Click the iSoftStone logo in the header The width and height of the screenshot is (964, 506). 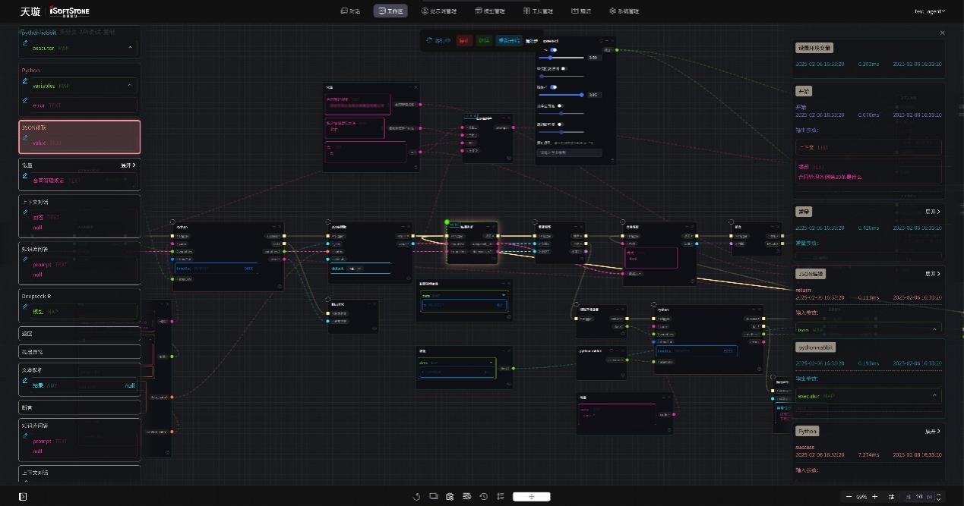(x=69, y=11)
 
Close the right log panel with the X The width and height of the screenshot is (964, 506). (x=943, y=33)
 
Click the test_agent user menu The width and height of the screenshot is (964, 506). (x=930, y=11)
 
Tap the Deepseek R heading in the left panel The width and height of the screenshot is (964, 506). (x=36, y=296)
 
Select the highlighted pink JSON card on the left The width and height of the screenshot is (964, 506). (x=79, y=137)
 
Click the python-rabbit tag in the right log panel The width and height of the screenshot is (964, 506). (x=815, y=347)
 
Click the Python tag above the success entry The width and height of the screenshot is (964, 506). (x=807, y=431)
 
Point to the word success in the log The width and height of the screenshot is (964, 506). (x=804, y=447)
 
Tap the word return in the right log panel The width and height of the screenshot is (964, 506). (x=803, y=290)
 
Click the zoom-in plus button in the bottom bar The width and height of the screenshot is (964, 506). (x=875, y=497)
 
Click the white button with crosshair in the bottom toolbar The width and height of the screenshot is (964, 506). (x=531, y=497)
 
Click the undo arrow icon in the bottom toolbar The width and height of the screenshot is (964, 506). (x=416, y=497)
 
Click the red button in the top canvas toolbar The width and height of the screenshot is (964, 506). (x=464, y=40)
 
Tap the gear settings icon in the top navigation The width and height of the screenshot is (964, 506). (x=612, y=11)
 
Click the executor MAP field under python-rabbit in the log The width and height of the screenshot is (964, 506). (x=868, y=396)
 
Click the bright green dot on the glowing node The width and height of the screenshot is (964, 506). (x=447, y=222)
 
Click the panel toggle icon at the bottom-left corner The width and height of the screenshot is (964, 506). (x=23, y=496)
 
